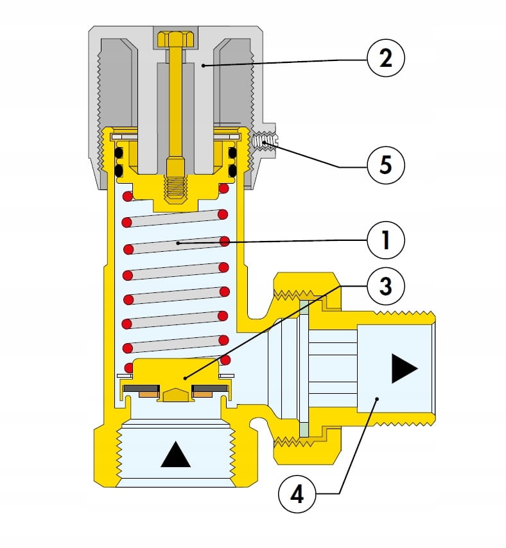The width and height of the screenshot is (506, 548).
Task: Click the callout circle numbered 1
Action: (x=386, y=242)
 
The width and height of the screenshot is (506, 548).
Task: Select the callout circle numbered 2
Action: (x=386, y=59)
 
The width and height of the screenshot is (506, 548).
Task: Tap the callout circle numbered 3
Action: (x=386, y=285)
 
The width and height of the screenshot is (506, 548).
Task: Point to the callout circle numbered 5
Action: (x=386, y=165)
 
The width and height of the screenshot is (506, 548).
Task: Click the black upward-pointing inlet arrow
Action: (x=175, y=455)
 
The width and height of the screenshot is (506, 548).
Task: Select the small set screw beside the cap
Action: (x=265, y=141)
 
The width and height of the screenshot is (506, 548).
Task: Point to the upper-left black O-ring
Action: (x=119, y=153)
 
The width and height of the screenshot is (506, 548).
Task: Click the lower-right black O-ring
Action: (x=232, y=170)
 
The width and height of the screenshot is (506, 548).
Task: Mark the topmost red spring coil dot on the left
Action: (x=127, y=196)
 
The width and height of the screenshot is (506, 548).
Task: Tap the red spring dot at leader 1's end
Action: (x=225, y=242)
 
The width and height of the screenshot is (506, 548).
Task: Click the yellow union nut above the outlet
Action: (x=306, y=283)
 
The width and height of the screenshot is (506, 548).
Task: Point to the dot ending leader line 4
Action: (x=377, y=399)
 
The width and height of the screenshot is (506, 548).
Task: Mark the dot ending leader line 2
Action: (x=201, y=65)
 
